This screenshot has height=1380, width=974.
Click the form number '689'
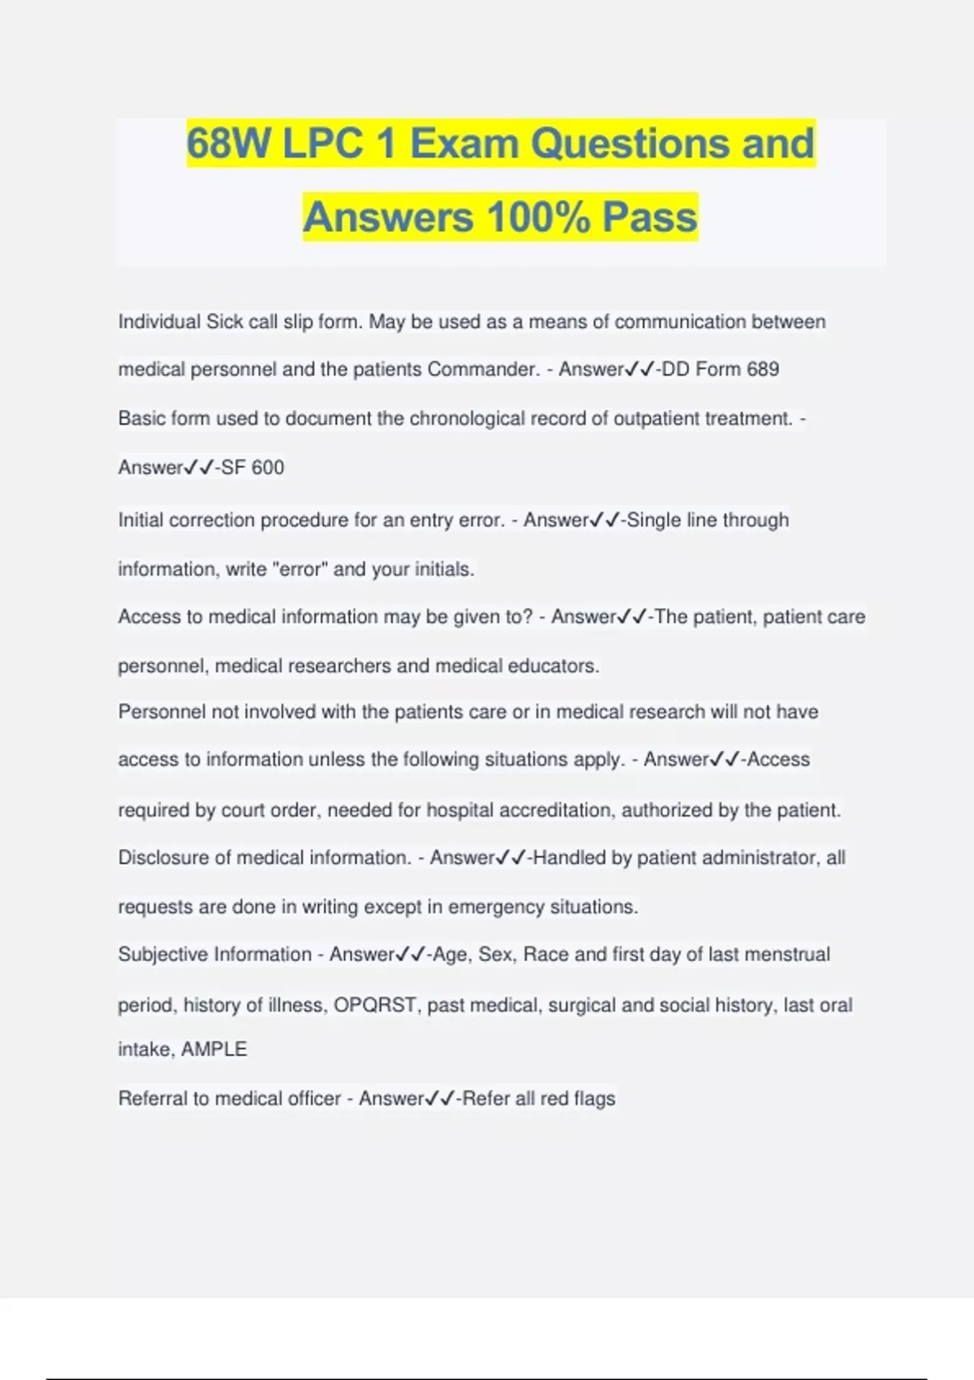click(762, 369)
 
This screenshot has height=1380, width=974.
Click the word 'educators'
click(553, 666)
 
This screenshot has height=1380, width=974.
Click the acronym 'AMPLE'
click(214, 1050)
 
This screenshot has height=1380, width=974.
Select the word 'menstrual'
click(787, 955)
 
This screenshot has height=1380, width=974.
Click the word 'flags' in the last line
click(595, 1098)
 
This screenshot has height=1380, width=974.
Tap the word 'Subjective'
click(162, 955)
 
